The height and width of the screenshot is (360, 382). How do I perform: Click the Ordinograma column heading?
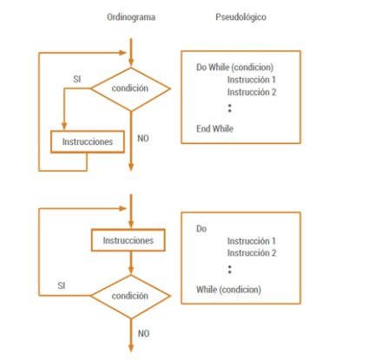131,17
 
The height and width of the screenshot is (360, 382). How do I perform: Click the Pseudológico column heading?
240,17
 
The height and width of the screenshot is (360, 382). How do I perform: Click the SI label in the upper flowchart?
77,79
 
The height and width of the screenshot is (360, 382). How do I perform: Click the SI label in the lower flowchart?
62,285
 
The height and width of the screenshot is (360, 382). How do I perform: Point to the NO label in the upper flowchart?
143,139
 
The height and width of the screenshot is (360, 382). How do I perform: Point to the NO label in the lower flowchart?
143,334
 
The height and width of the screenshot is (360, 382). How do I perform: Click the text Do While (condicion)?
234,68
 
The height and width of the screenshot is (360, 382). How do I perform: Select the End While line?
214,128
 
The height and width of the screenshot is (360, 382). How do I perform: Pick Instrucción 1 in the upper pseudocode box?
251,80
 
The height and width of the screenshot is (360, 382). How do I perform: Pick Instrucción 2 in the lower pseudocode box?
252,253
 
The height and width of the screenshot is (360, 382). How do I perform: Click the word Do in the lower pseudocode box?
201,229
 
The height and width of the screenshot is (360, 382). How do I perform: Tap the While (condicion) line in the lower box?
228,290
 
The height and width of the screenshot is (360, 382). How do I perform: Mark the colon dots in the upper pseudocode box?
230,108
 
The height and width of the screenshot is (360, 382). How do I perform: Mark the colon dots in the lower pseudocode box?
230,270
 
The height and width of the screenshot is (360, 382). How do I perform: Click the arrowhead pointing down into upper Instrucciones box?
64,127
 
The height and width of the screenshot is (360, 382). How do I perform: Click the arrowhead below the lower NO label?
131,348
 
